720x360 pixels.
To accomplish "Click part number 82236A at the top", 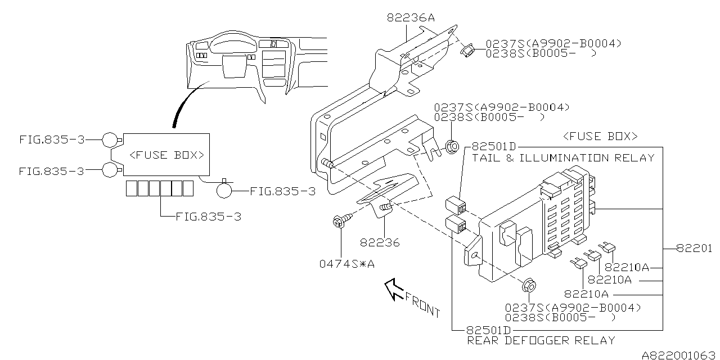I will point(411,18).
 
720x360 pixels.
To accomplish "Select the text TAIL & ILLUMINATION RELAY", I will point(563,158).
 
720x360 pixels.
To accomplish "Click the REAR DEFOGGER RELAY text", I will point(541,340).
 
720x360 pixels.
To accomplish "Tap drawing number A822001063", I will point(679,354).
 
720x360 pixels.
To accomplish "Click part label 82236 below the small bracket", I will point(381,243).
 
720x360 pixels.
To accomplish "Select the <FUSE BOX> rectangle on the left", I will point(166,155).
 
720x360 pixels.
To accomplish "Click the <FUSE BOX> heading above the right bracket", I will point(600,137).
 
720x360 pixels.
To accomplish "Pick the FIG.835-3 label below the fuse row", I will point(208,216).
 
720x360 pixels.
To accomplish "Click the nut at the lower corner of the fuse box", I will point(528,285).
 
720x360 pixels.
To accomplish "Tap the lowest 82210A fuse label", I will point(586,294).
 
